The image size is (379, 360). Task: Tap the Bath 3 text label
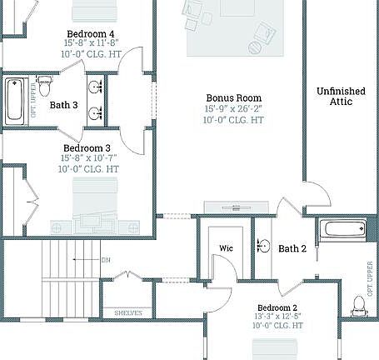(64, 105)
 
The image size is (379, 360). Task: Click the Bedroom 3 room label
(87, 148)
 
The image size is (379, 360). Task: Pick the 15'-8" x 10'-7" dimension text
(89, 158)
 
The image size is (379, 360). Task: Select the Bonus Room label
(234, 97)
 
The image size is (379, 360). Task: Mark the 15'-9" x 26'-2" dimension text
(234, 108)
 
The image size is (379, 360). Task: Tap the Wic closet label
(226, 248)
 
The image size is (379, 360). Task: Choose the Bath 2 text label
(293, 248)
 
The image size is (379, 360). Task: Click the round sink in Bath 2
(263, 245)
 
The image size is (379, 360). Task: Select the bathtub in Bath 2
(343, 228)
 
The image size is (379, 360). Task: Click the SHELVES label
(128, 313)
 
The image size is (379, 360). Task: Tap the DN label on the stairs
(106, 260)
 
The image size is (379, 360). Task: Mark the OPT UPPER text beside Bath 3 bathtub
(33, 99)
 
